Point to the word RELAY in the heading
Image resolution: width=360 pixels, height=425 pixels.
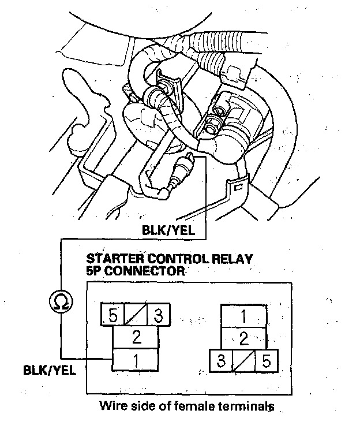click(x=231, y=258)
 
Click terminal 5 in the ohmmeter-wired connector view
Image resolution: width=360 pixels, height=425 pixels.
click(x=113, y=316)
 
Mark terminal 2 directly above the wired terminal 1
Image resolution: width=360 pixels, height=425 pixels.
click(x=136, y=338)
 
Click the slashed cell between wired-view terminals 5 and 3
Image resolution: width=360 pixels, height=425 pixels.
click(x=136, y=316)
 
